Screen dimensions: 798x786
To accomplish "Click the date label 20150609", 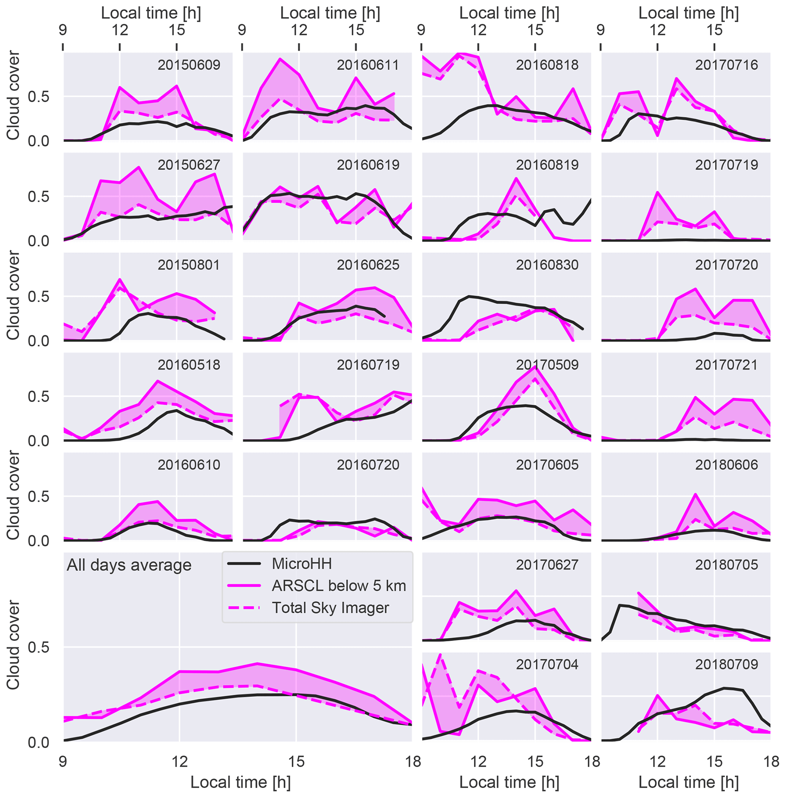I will [x=189, y=65].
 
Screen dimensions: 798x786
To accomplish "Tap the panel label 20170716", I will [x=726, y=65].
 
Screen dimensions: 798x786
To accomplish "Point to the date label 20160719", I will [x=368, y=365].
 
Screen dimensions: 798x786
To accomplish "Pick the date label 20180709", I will [x=726, y=664].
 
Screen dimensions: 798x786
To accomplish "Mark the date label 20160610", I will [x=189, y=465].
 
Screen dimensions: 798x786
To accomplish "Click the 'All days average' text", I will [x=129, y=565].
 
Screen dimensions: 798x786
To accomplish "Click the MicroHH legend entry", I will [x=302, y=564].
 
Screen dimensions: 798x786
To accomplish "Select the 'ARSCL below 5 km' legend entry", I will [x=338, y=586].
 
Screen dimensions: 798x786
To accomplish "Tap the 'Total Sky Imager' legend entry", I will [x=330, y=608].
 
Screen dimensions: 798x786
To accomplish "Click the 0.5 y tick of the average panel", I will [x=38, y=647].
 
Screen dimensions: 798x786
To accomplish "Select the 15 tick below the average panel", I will [x=296, y=761].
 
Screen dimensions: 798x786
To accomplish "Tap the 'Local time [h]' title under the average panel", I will [x=240, y=782].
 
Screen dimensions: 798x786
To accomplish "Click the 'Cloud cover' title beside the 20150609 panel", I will [x=13, y=96].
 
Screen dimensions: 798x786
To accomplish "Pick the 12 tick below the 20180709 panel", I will [x=657, y=761].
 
